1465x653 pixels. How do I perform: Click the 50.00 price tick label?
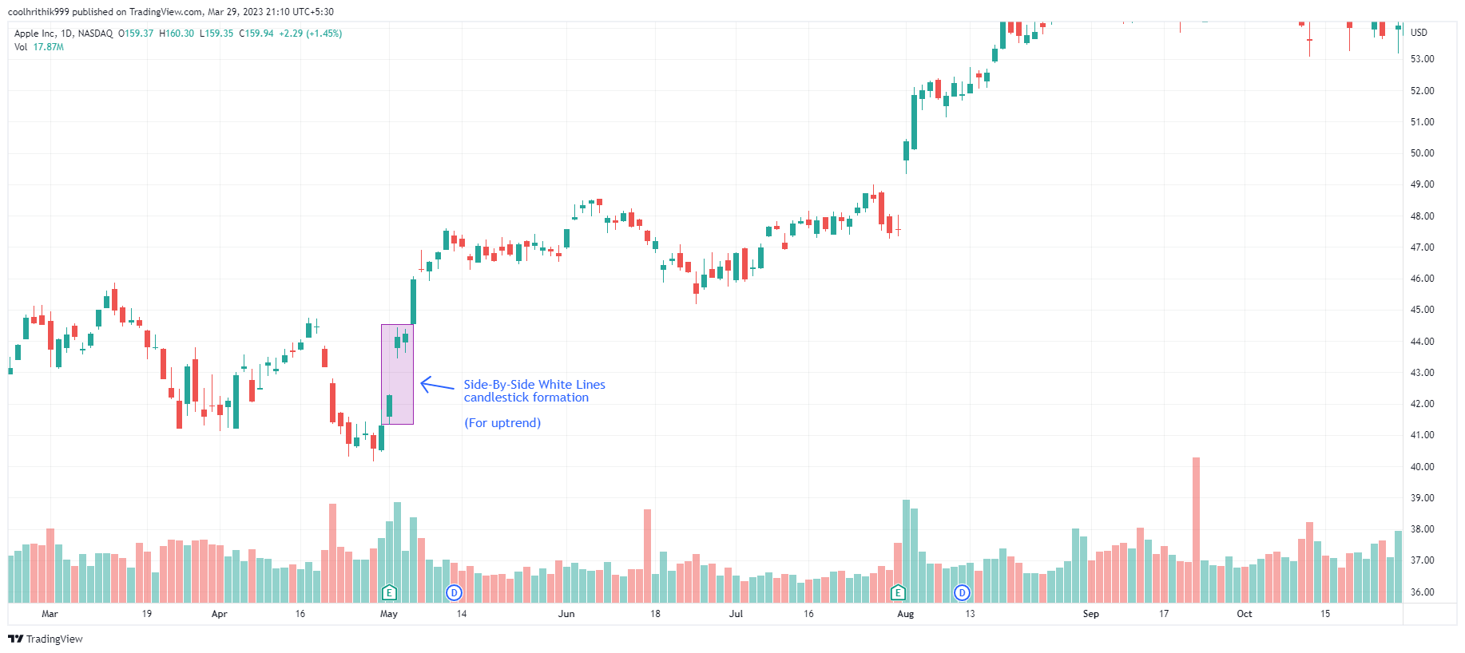(x=1422, y=153)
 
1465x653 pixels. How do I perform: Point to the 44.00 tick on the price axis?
(x=1422, y=342)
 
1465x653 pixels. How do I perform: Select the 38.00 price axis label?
(x=1422, y=529)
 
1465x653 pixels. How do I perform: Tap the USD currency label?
(x=1419, y=33)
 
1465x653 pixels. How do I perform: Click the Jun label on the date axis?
(x=566, y=614)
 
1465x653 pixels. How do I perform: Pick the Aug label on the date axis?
(x=905, y=614)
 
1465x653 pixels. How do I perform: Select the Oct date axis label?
(x=1244, y=614)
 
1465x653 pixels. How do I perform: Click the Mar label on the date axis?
(x=50, y=614)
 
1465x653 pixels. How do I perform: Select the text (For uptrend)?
(x=502, y=423)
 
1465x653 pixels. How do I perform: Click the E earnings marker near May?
(x=389, y=592)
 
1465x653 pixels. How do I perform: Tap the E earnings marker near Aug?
(x=898, y=592)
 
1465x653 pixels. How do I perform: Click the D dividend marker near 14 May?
(x=454, y=592)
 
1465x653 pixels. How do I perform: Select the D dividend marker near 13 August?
(x=962, y=592)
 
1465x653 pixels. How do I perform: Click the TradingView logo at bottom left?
(x=46, y=639)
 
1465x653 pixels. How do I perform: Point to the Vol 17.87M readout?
(x=39, y=47)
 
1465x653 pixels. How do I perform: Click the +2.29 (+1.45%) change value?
(x=310, y=34)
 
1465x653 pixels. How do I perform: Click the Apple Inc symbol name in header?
(x=35, y=34)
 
